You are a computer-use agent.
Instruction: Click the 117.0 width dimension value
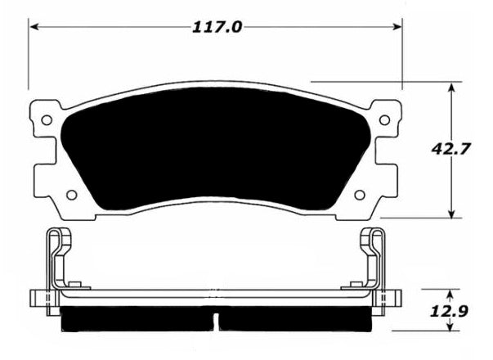[217, 27]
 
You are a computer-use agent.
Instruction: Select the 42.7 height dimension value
[450, 149]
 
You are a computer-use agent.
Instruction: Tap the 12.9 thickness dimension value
[449, 311]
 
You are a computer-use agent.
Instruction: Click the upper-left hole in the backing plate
[47, 120]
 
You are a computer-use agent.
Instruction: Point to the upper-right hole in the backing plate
[384, 120]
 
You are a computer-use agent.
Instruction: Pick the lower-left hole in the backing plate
[72, 195]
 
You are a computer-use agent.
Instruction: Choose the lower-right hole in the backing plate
[360, 195]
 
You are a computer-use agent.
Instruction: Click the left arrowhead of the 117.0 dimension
[34, 27]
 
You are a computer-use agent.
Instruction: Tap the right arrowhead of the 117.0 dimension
[397, 27]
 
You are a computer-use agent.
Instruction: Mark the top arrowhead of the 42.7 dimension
[451, 88]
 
